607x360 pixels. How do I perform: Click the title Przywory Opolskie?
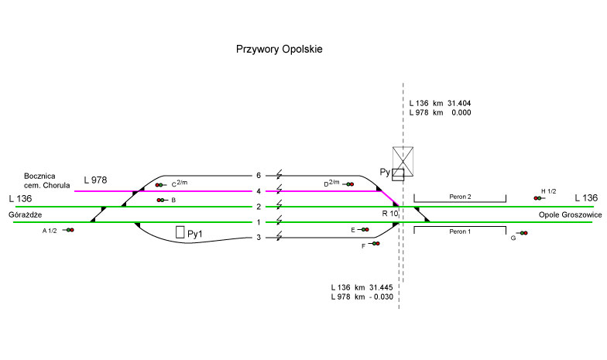[279, 49]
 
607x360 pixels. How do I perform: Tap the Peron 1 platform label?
[460, 231]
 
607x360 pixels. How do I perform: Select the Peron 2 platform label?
[460, 198]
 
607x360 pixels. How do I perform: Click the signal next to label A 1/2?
[69, 230]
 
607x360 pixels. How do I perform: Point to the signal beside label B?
[161, 201]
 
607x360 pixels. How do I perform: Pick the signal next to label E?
[365, 230]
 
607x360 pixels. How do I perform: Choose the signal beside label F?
[376, 244]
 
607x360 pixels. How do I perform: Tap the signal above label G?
[523, 233]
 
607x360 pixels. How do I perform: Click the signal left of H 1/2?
[537, 199]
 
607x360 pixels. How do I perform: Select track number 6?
[259, 175]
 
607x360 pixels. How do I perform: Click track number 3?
[259, 237]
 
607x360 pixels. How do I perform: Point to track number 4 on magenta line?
[259, 190]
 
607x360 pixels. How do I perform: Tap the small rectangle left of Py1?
[180, 231]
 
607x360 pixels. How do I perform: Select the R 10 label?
[389, 213]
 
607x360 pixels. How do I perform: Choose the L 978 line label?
[95, 180]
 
